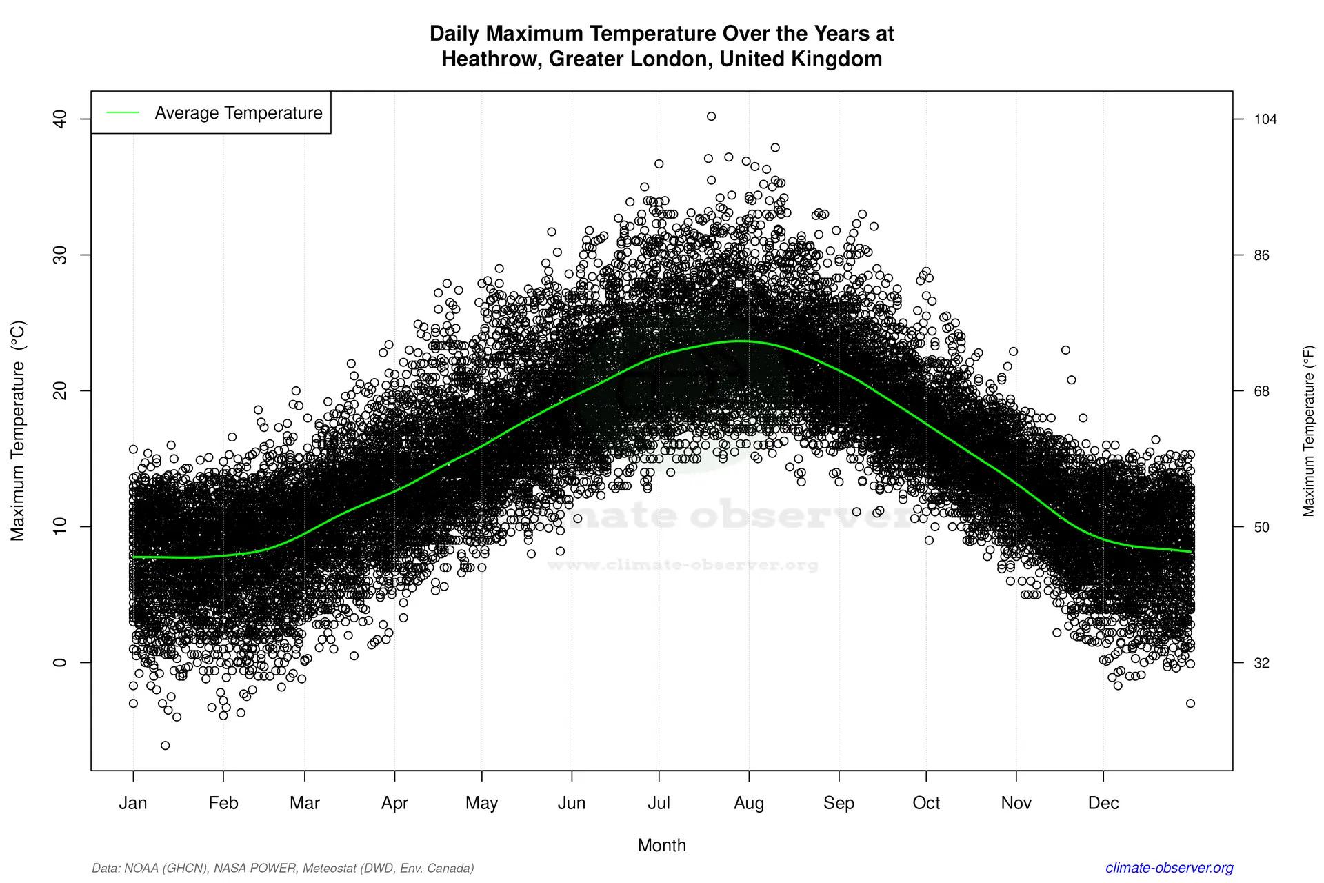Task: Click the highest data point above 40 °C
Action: [x=711, y=117]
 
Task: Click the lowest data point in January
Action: [x=165, y=745]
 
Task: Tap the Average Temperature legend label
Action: [x=238, y=113]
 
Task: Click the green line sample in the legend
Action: [x=123, y=113]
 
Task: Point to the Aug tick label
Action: [x=749, y=803]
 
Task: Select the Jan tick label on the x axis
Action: [x=133, y=803]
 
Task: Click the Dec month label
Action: [x=1103, y=803]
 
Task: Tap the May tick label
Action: [x=481, y=803]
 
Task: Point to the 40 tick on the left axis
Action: [x=61, y=119]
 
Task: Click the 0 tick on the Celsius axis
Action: [x=61, y=662]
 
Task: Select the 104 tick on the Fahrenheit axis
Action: [x=1265, y=119]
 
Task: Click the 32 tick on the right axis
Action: [x=1261, y=663]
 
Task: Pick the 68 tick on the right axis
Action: [x=1261, y=391]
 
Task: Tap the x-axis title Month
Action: [x=661, y=845]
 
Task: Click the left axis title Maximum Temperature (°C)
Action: [x=18, y=430]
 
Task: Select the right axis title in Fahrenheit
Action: [x=1308, y=430]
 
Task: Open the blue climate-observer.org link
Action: [x=1169, y=868]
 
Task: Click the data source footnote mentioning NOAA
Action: [x=283, y=868]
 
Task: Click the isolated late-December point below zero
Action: [x=1190, y=703]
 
